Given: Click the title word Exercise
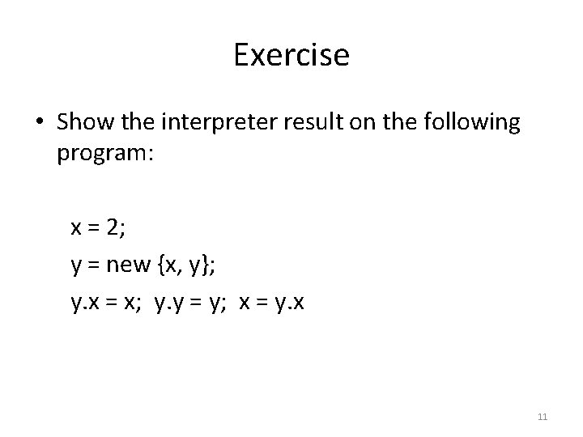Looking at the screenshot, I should tap(291, 55).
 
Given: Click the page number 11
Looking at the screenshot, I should tap(543, 417).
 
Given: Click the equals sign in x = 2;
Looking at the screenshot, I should tap(93, 228).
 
